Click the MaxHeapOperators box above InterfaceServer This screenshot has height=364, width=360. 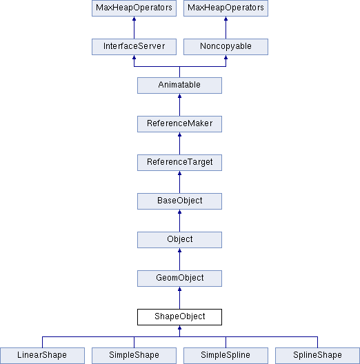click(x=134, y=8)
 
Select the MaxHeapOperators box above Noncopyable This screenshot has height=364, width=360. click(x=226, y=8)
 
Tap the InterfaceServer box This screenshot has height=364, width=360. click(x=134, y=47)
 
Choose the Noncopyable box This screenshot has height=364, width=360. click(x=226, y=47)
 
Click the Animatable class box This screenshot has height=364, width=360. click(x=179, y=85)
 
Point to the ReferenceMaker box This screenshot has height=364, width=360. click(x=179, y=124)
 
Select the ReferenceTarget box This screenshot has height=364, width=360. click(x=179, y=163)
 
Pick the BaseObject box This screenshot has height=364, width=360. click(x=179, y=201)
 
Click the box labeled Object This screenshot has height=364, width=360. click(x=179, y=240)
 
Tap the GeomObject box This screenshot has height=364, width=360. click(x=179, y=279)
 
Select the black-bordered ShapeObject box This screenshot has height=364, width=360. click(x=179, y=317)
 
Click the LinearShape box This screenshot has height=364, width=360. click(x=42, y=356)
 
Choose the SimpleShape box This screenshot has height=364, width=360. click(x=134, y=356)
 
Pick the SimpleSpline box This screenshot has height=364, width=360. click(x=226, y=356)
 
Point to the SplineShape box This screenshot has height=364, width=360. click(x=317, y=356)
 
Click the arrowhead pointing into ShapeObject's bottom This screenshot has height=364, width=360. click(x=179, y=327)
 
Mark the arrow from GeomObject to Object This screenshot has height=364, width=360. click(x=179, y=259)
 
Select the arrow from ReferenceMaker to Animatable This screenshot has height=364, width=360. click(x=179, y=105)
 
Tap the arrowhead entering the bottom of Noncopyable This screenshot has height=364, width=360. click(x=226, y=57)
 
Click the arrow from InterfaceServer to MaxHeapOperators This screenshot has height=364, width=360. click(x=134, y=28)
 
